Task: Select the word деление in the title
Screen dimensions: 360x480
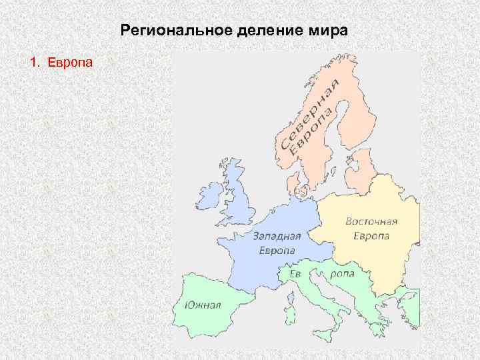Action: tap(247, 31)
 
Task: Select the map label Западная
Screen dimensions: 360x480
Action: tap(277, 237)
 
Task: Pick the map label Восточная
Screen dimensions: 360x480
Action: tap(371, 221)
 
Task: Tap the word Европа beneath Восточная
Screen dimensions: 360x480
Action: tap(371, 235)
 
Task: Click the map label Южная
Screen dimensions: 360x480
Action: tap(203, 306)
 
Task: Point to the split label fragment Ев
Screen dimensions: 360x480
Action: tap(295, 274)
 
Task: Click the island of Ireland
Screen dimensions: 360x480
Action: tap(210, 195)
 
